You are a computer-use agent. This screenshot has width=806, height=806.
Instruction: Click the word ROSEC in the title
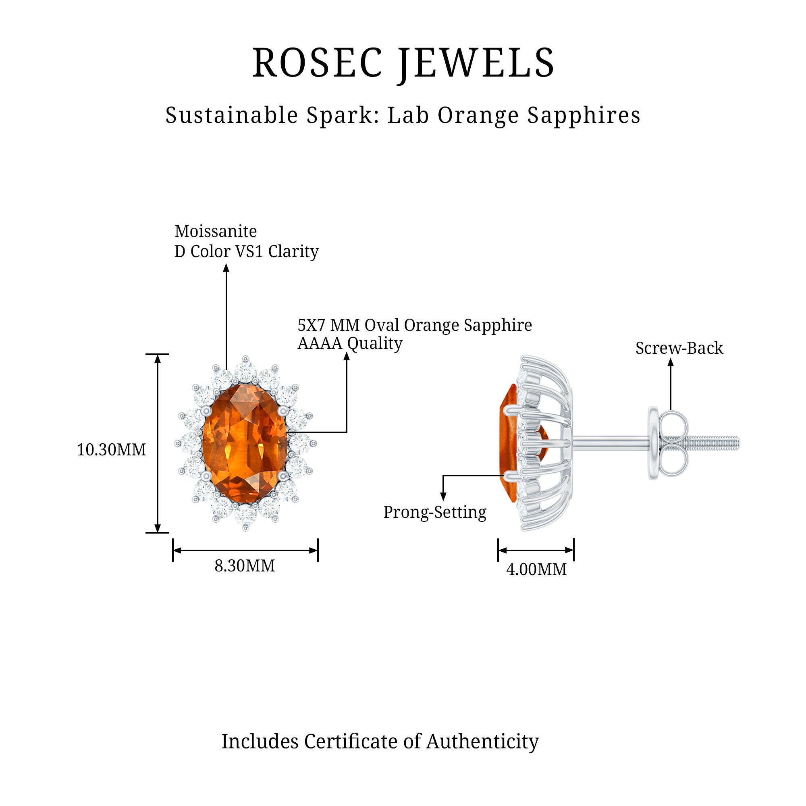click(317, 63)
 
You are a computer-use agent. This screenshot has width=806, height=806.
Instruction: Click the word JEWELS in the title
click(476, 63)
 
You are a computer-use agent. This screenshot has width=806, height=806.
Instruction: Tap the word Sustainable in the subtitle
click(232, 115)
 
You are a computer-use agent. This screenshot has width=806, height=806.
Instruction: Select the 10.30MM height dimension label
click(111, 450)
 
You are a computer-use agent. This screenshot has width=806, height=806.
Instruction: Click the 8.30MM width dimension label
click(245, 566)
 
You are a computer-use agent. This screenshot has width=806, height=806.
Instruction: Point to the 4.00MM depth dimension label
click(536, 569)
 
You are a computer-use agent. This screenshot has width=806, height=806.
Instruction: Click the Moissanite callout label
click(215, 231)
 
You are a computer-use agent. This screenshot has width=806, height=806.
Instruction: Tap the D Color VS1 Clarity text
click(246, 251)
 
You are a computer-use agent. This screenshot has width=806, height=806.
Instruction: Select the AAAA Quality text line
click(349, 343)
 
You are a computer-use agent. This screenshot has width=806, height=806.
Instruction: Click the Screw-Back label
click(679, 348)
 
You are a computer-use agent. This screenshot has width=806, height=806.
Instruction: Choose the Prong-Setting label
click(435, 512)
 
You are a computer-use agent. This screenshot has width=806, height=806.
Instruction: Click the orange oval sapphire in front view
click(245, 443)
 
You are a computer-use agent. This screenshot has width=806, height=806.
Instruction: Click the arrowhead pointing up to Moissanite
click(226, 268)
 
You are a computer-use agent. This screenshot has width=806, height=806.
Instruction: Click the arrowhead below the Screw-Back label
click(671, 363)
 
